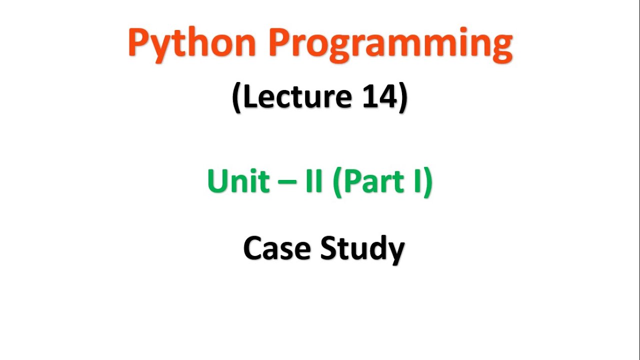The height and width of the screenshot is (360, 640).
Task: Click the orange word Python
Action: coord(192,44)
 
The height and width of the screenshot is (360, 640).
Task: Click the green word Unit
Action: coord(237,181)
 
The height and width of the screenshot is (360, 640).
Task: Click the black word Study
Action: coord(362,248)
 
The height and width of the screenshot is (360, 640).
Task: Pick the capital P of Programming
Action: coord(279,43)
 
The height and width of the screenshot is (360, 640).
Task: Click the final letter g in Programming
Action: coord(500,47)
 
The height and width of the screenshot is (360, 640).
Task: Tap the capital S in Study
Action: coord(329,248)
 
